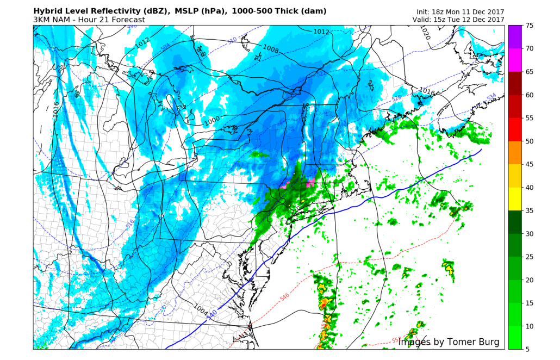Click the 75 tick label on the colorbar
(x=530, y=26)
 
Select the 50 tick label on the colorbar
(x=530, y=141)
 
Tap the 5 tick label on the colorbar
(x=527, y=349)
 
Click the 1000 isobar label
(x=213, y=121)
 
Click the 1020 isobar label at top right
(x=425, y=34)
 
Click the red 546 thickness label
(x=284, y=297)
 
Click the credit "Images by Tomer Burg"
(x=449, y=342)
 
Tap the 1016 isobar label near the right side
(x=427, y=91)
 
